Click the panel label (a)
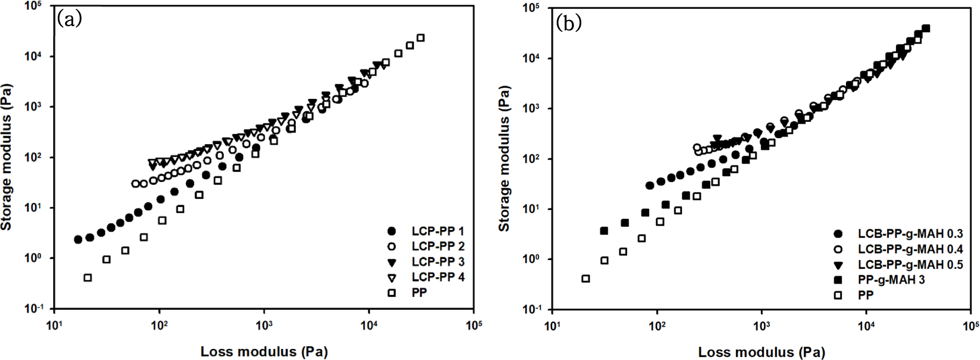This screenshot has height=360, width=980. point(69,19)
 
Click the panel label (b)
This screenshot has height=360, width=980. point(569,24)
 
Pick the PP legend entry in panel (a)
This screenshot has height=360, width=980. point(419,293)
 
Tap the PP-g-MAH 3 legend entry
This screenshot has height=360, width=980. point(891,280)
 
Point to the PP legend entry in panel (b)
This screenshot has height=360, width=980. point(865,295)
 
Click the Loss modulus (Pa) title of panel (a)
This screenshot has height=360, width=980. point(264,352)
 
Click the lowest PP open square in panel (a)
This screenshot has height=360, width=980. point(88,278)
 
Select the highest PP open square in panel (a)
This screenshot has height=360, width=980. point(420,38)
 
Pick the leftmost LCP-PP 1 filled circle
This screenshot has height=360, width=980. point(78,240)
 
